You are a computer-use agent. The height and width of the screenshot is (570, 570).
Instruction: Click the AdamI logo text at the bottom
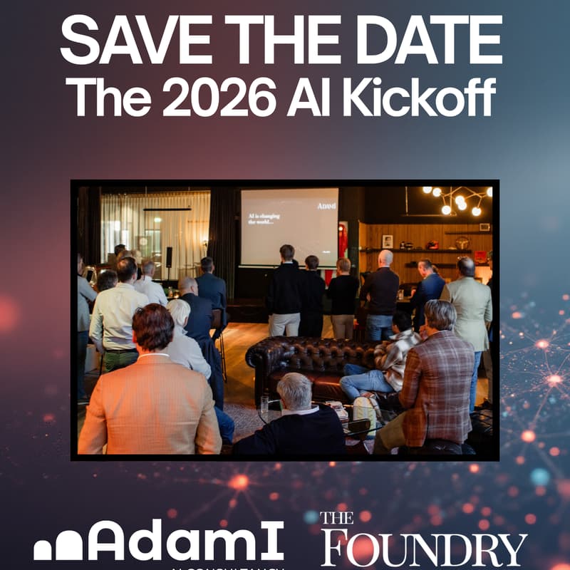[x=188, y=542]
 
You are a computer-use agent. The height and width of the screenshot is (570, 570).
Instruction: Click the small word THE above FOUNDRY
[x=336, y=519]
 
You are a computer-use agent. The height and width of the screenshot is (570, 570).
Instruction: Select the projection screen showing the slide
[x=289, y=227]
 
